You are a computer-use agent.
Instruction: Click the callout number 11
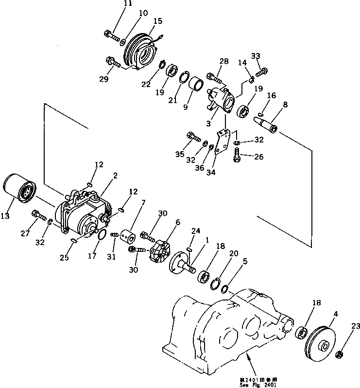pyautogui.click(x=114, y=4)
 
